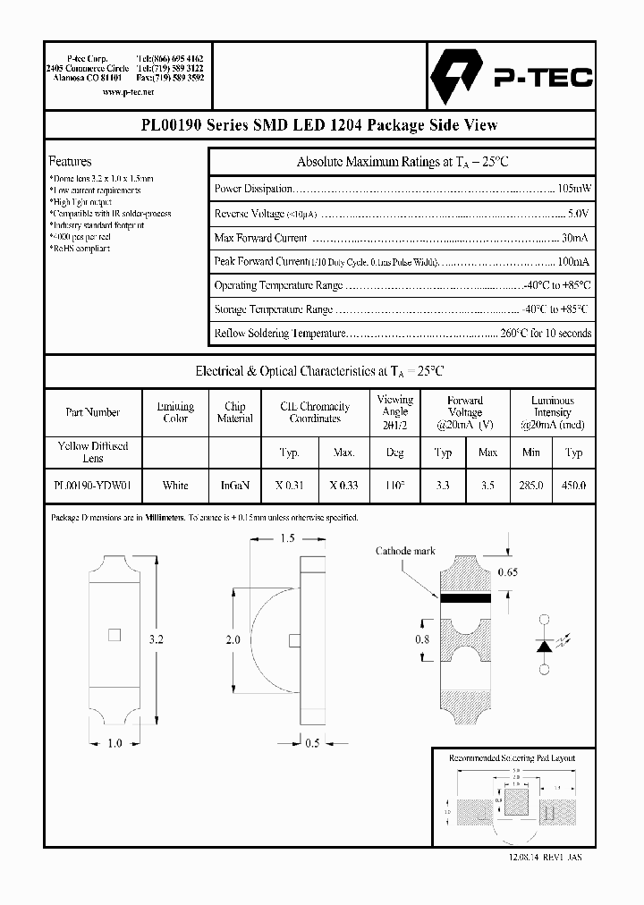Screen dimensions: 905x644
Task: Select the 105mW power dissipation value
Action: coord(574,189)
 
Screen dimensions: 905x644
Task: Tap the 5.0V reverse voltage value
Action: coord(580,214)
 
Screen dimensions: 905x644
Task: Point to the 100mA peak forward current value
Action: coord(572,261)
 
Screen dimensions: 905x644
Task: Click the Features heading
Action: coord(70,162)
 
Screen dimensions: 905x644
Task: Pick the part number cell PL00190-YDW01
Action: coord(92,486)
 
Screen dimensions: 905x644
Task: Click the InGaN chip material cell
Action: coord(234,486)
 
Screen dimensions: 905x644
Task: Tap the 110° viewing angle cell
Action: coord(394,486)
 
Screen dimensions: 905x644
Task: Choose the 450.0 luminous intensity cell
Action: coord(573,486)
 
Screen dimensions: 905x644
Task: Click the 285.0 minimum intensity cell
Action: coord(531,486)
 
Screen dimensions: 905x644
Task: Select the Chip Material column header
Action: coord(234,412)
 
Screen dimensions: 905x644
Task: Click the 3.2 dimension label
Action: coord(157,639)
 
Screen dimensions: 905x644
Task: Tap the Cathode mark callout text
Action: coord(405,551)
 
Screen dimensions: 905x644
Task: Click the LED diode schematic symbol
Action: coord(543,645)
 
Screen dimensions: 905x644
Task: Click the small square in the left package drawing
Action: coord(113,635)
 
